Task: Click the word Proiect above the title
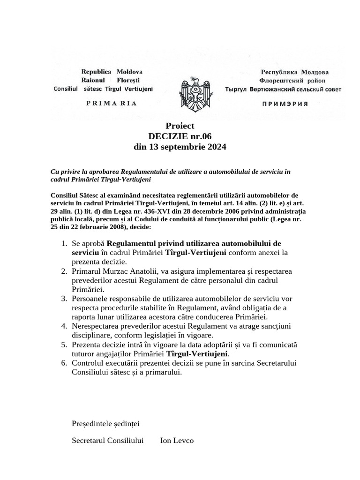click(x=180, y=126)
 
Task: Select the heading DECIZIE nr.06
click(x=180, y=136)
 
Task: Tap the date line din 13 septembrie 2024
click(x=180, y=147)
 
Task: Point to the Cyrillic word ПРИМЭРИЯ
click(x=284, y=104)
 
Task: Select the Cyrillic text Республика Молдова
click(x=294, y=72)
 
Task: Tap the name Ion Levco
click(x=177, y=441)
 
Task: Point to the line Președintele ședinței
click(x=105, y=424)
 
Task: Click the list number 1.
click(x=64, y=244)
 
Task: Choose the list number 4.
click(x=64, y=326)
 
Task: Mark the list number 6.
click(x=64, y=363)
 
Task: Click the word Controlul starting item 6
click(x=88, y=363)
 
